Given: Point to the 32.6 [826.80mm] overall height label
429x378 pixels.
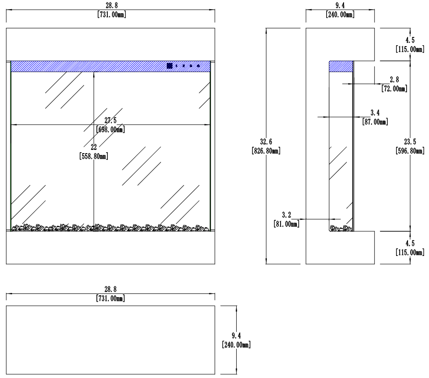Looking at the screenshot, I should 265,146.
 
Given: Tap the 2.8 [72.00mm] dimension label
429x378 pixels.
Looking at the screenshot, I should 394,84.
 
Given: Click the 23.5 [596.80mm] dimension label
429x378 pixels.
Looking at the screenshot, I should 409,146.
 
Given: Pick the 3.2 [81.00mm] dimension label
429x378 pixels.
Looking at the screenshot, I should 286,219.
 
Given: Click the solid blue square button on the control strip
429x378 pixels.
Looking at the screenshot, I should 170,66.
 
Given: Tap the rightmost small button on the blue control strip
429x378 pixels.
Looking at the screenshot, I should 198,66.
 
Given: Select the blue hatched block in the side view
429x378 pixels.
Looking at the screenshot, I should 341,66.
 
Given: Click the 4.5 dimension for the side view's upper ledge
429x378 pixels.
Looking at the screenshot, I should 409,44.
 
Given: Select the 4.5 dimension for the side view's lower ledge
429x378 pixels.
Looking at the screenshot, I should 409,247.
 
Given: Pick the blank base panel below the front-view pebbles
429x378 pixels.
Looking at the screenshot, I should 111,247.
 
